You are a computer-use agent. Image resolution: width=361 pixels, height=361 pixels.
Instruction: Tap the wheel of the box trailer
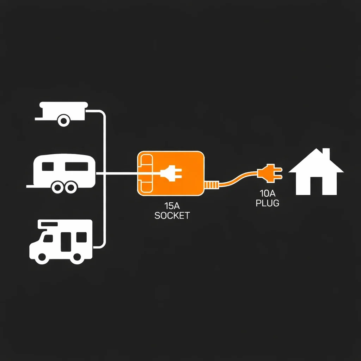point(64,121)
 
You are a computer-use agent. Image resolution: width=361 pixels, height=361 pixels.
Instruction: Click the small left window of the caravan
point(48,166)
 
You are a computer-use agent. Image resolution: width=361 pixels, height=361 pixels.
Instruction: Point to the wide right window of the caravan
point(77,166)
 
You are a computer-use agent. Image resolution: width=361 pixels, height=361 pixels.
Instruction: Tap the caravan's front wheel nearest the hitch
point(58,188)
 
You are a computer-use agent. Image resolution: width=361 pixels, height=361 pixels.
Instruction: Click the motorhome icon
point(61,242)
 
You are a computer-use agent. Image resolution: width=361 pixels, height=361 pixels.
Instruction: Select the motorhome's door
point(66,242)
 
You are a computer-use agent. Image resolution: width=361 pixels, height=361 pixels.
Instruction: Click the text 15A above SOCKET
point(172,206)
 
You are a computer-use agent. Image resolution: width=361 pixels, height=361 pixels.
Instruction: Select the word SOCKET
point(172,216)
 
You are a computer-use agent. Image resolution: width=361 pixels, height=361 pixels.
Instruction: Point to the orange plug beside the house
point(270,173)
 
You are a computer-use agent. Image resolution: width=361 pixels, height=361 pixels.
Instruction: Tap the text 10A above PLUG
point(268,194)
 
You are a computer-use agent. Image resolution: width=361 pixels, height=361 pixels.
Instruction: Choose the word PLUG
point(268,203)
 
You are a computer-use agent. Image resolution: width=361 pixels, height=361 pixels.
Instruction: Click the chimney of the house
point(326,153)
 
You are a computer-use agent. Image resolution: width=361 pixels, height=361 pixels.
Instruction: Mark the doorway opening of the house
point(316,186)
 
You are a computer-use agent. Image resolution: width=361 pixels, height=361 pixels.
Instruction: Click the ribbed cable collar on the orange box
point(211,185)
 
